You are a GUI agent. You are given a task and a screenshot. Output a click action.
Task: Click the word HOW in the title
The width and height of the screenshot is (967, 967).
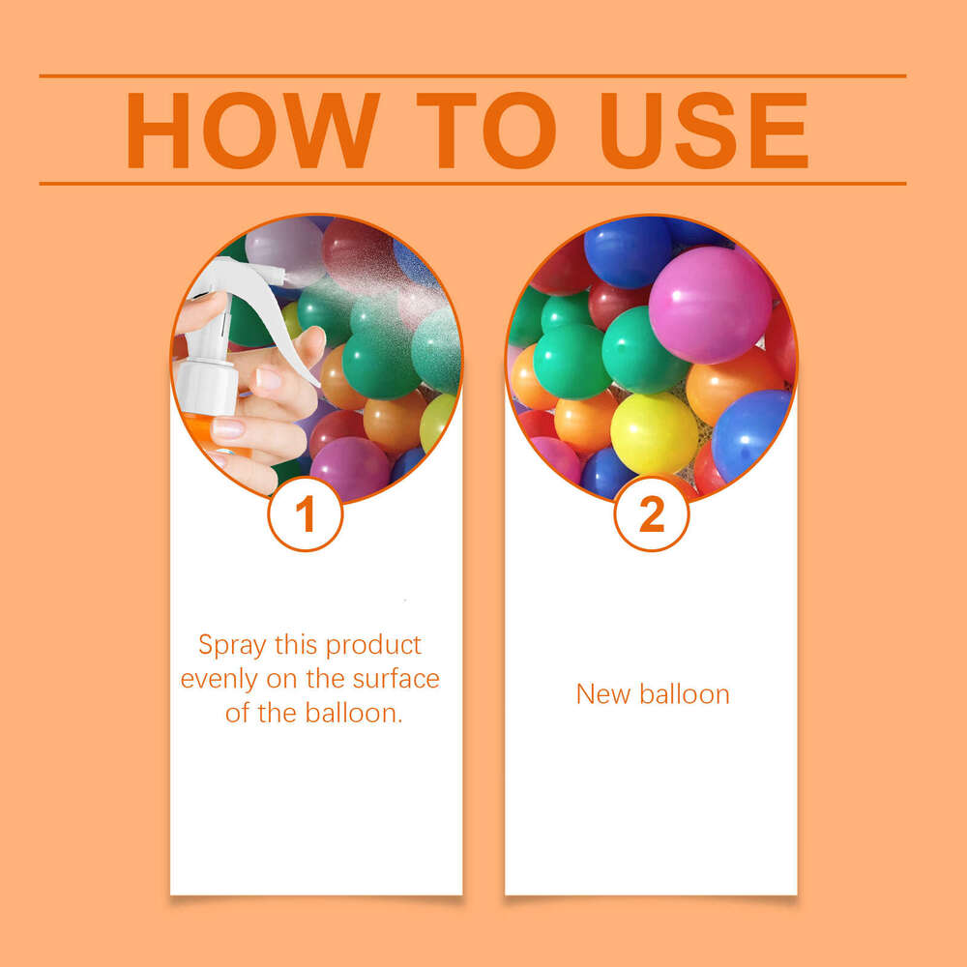pos(252,131)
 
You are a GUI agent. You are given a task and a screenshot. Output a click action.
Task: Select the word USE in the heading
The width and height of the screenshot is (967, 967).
pos(704,131)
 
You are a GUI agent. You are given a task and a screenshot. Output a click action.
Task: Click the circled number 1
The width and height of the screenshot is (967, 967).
pos(306,514)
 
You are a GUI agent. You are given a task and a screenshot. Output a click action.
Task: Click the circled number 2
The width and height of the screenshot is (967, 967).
pos(652,514)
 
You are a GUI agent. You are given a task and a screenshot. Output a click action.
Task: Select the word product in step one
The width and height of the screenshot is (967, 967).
pos(373,645)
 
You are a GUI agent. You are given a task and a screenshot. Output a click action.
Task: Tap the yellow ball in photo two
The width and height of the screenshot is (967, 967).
pos(654,432)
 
